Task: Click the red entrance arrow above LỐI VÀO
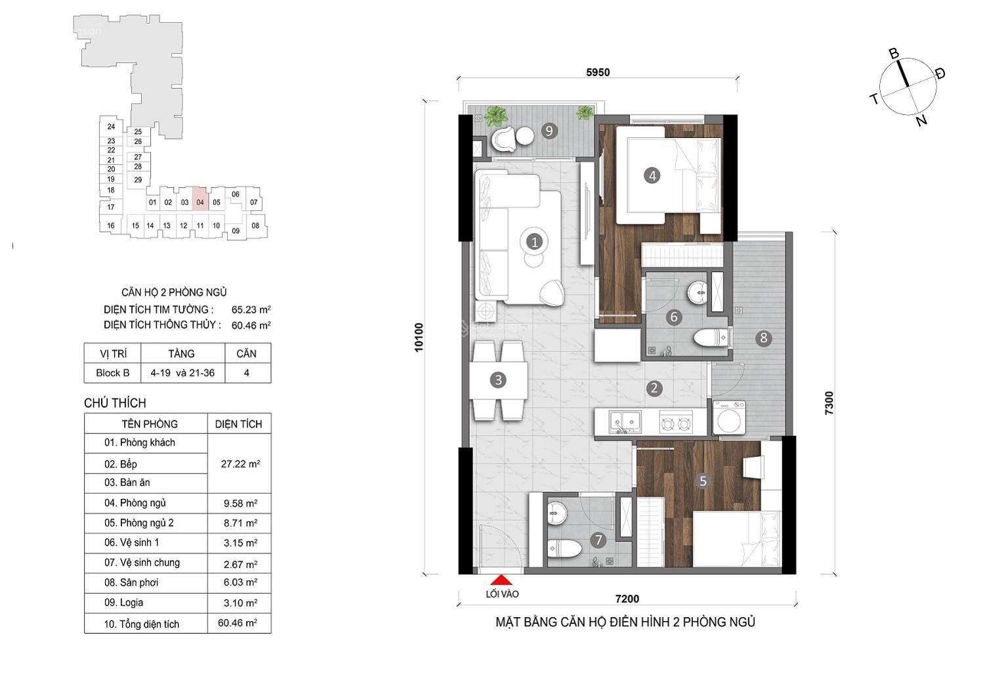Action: tap(501, 580)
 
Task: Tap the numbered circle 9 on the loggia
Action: tap(549, 131)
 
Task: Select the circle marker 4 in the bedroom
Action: tap(652, 176)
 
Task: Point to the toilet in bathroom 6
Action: tap(711, 338)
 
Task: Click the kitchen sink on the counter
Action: tap(625, 422)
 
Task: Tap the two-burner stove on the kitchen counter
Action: tap(676, 423)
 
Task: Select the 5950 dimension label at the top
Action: tap(598, 72)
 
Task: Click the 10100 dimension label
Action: tap(419, 337)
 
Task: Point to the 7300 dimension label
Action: tap(829, 403)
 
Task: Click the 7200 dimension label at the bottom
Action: tap(627, 598)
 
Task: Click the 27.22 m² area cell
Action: tap(240, 464)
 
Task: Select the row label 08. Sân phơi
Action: tap(131, 582)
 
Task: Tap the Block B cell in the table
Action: tap(113, 373)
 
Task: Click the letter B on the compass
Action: tap(894, 54)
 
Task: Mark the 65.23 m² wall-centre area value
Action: tap(251, 309)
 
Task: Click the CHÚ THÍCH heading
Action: tap(115, 402)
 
